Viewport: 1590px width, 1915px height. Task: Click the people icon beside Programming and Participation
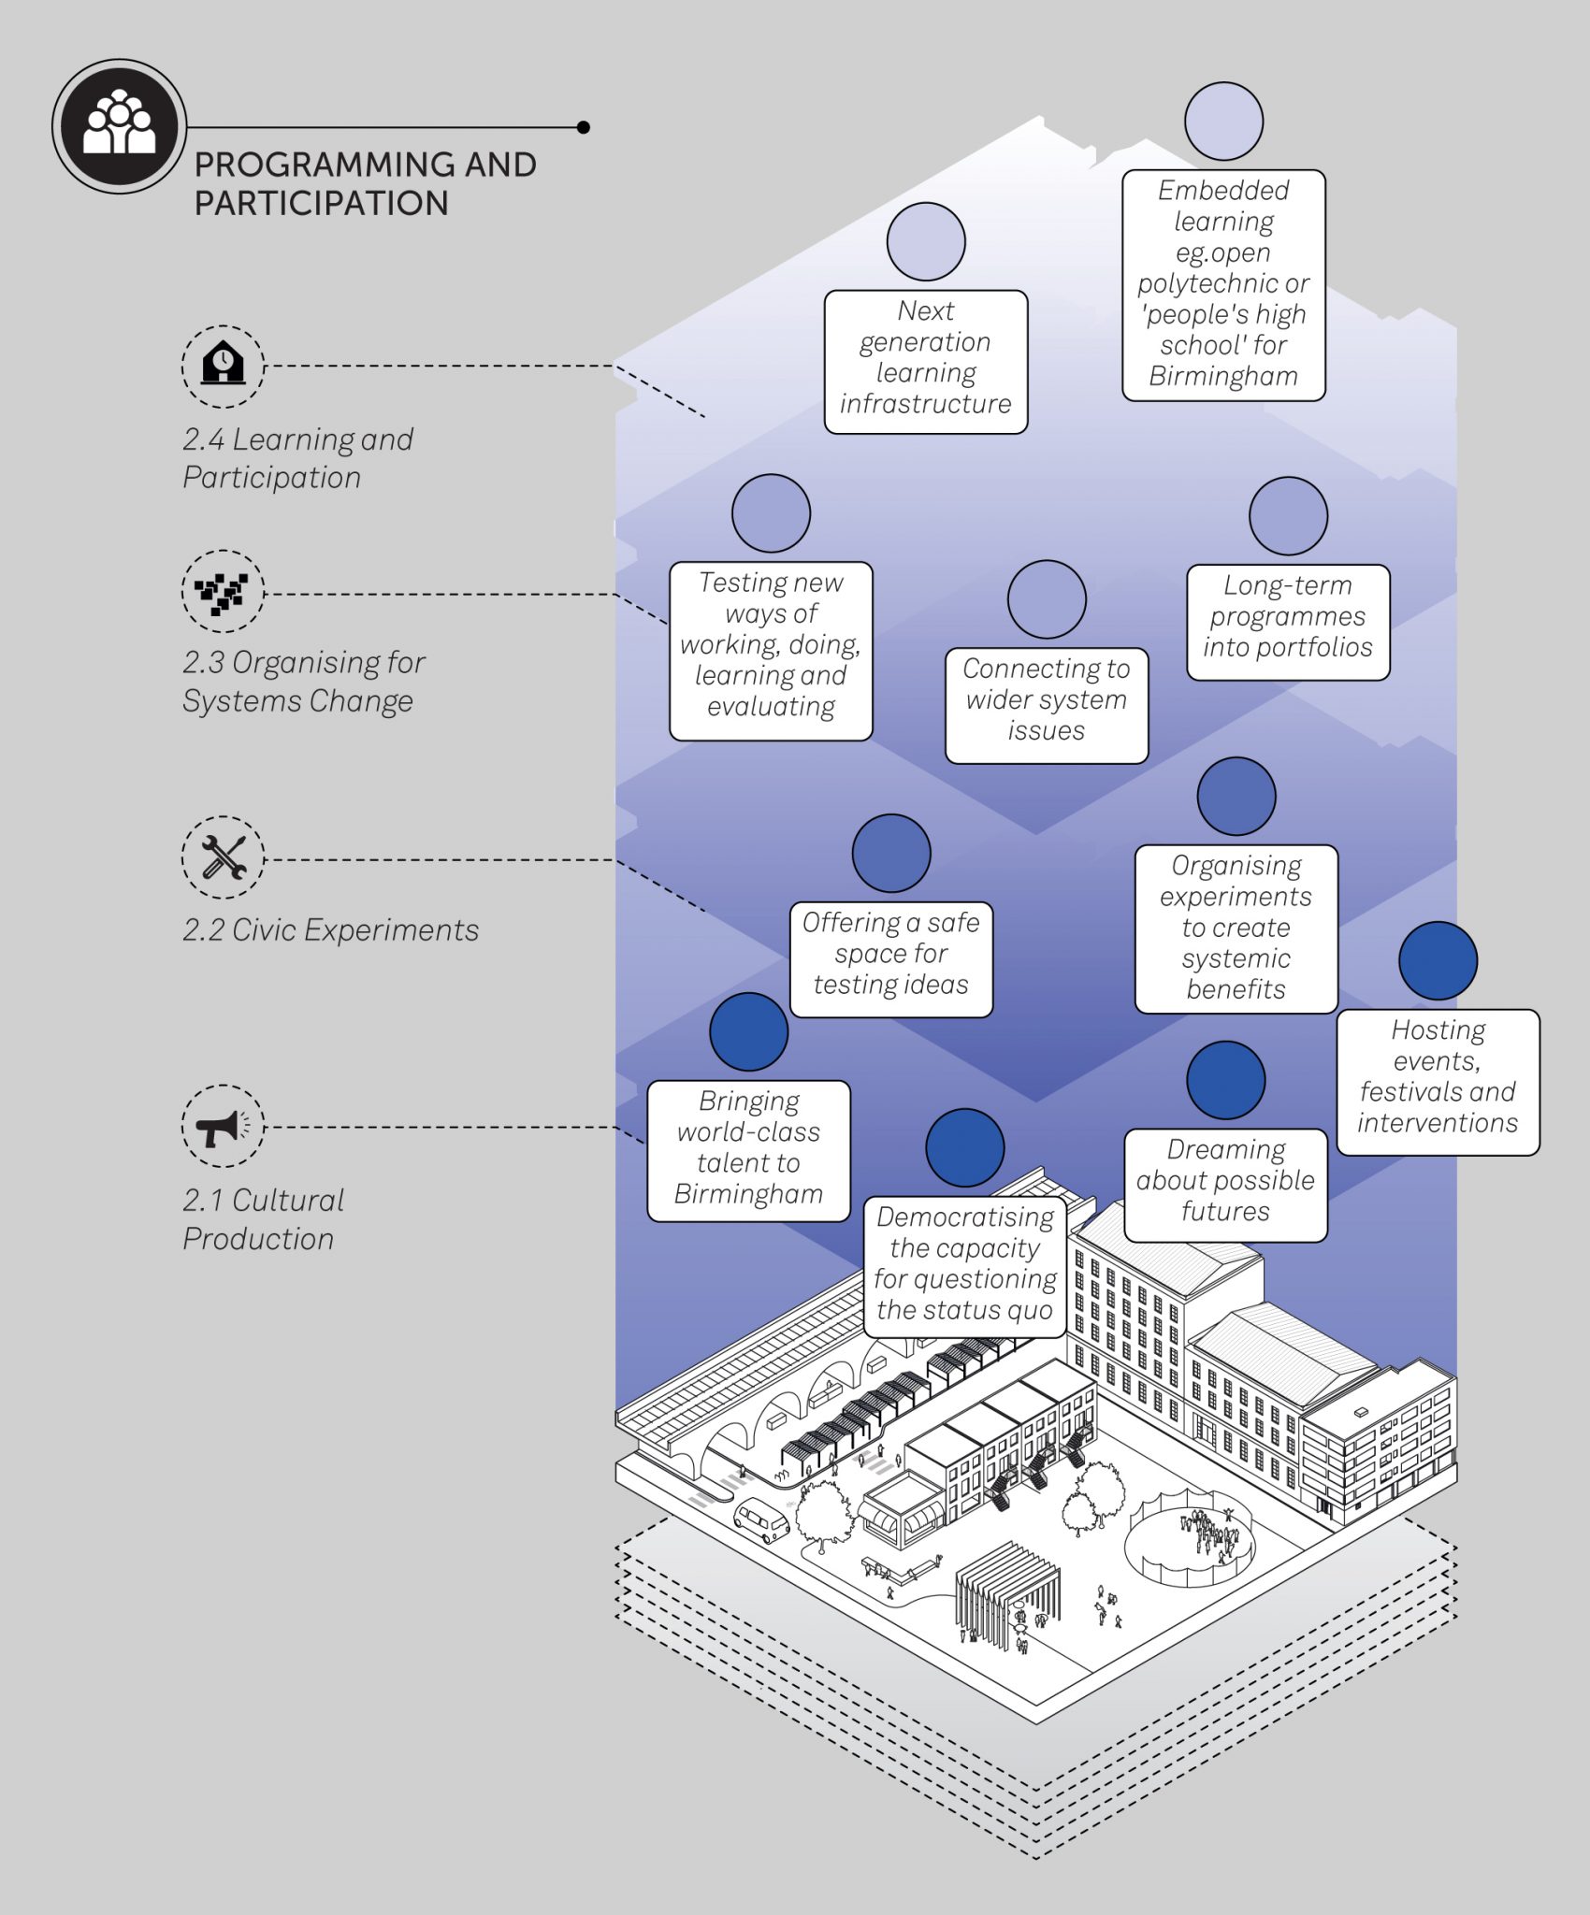click(x=119, y=126)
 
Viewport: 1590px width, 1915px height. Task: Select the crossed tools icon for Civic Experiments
click(x=223, y=857)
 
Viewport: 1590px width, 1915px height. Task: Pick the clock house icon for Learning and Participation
click(x=223, y=366)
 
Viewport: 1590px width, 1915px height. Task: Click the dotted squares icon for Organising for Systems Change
click(x=223, y=591)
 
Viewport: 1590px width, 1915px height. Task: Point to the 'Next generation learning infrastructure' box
click(x=925, y=361)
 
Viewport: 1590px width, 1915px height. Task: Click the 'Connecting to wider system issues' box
click(x=1046, y=705)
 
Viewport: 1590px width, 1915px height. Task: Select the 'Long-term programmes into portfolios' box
click(x=1287, y=621)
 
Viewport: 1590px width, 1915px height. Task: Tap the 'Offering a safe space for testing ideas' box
click(x=890, y=958)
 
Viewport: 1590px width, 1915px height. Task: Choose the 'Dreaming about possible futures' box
click(x=1225, y=1184)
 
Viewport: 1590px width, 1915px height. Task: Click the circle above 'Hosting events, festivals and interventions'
click(x=1438, y=960)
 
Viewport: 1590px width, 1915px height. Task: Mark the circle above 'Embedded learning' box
click(x=1223, y=121)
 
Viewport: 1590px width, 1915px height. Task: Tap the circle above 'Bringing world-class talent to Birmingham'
click(x=748, y=1031)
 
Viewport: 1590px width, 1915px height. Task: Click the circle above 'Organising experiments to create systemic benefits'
click(x=1236, y=796)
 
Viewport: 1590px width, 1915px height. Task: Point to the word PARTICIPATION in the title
click(x=321, y=204)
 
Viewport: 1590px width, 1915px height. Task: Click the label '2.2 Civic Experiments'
click(x=330, y=930)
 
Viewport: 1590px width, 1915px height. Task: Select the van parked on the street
click(x=761, y=1519)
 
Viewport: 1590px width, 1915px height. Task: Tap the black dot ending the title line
click(x=584, y=127)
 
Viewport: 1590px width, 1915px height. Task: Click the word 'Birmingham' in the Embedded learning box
click(x=1223, y=376)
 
